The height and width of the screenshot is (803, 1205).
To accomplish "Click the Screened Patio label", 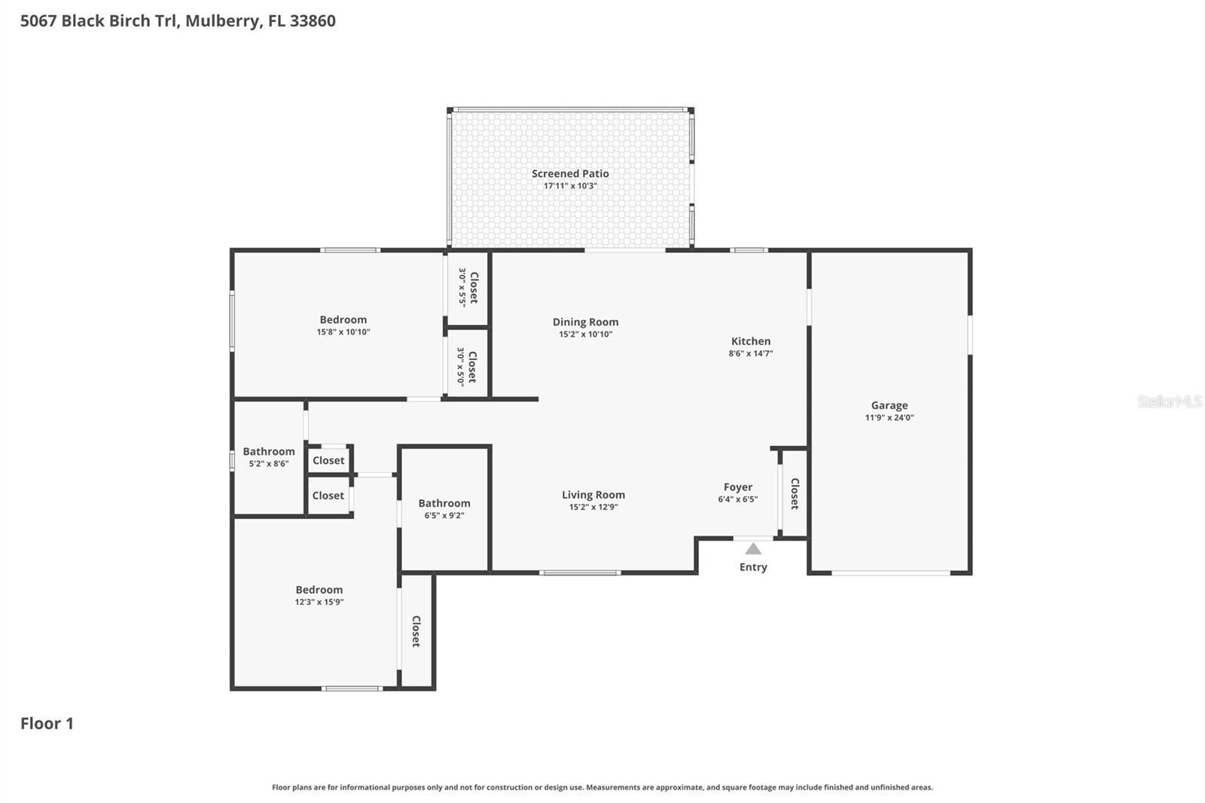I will point(570,173).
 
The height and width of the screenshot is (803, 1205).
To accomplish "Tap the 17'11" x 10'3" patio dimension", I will point(570,186).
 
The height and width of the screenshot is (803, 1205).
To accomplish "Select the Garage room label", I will point(889,405).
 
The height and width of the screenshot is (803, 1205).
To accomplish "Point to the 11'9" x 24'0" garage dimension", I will point(889,418).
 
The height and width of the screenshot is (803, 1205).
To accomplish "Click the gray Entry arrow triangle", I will point(753,549).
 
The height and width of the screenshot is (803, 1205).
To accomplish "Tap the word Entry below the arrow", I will point(753,567).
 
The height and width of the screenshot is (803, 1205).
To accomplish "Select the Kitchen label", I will point(751,341).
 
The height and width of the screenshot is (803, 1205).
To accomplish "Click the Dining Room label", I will point(585,322).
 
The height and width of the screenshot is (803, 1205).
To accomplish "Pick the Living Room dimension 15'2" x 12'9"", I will point(593,508).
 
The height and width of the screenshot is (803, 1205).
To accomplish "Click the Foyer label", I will point(738,487).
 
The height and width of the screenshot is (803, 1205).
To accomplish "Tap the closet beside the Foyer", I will point(795,493).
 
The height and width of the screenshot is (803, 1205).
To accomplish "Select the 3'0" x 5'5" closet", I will point(468,288).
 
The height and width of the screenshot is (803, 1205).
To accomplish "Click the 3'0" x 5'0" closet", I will point(467,366).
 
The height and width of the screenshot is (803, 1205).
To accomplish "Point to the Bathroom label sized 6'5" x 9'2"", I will point(444,503).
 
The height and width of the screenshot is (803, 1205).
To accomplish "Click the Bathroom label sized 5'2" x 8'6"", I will point(269,451).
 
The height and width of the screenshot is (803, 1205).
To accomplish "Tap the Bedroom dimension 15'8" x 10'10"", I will point(343,332).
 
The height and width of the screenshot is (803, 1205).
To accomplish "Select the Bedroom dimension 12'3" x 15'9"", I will point(319,603).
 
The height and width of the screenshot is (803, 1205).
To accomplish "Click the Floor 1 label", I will point(47,724).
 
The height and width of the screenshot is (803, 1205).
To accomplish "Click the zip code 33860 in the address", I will point(313,20).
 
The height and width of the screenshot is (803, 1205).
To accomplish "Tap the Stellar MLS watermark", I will point(1169,401).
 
